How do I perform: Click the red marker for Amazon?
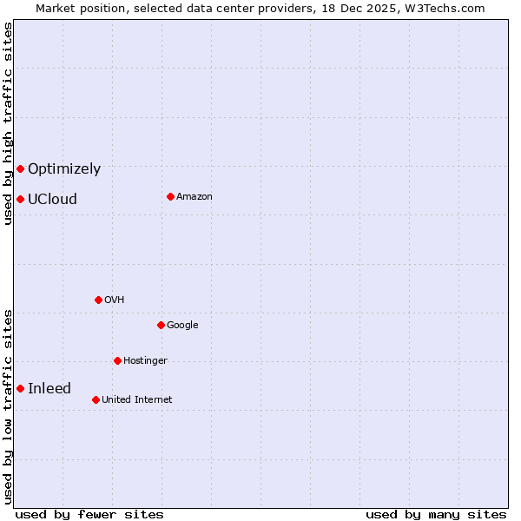170,196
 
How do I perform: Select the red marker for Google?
161,325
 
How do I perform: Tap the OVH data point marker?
98,300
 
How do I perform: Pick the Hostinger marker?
117,360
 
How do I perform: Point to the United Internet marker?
96,399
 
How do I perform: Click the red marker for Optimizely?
20,168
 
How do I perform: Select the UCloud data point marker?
20,199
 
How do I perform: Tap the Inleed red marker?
20,388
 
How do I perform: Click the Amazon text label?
195,197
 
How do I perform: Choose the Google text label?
182,326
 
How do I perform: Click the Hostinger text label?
145,361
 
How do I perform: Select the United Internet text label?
137,400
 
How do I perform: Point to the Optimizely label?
64,169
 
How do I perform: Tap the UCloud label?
52,200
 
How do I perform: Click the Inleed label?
49,389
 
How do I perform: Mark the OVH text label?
115,300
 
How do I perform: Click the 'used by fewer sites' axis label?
89,515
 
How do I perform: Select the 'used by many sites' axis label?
436,515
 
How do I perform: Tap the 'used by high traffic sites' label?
8,124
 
